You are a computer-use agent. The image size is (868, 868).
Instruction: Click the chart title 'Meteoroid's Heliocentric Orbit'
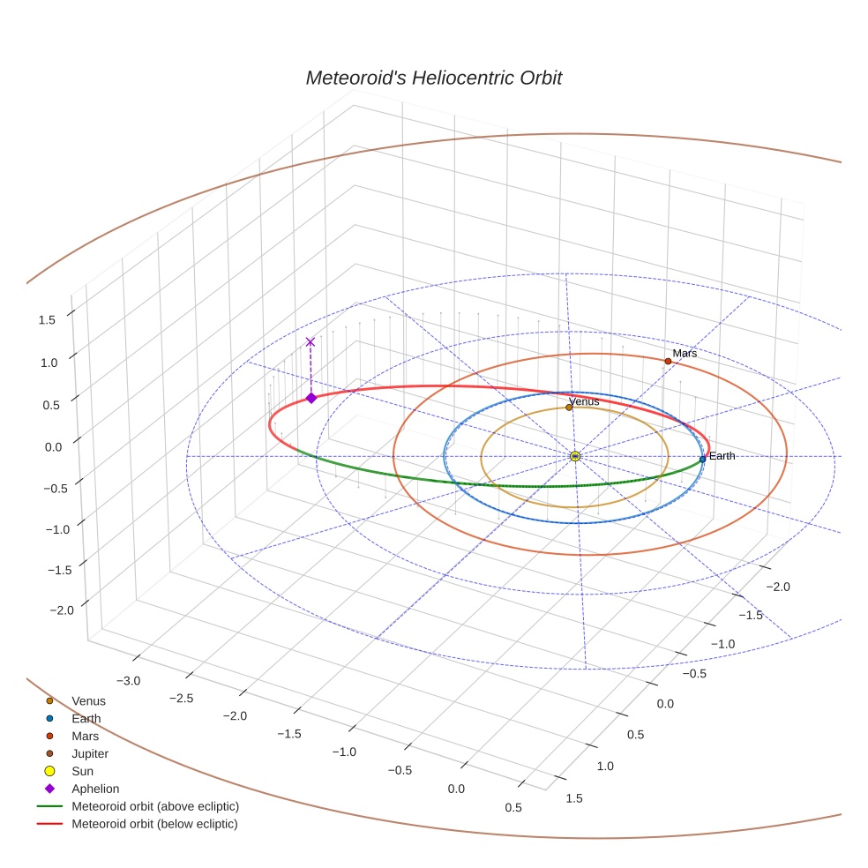coord(433,78)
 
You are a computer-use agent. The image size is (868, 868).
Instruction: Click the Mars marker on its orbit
coord(668,361)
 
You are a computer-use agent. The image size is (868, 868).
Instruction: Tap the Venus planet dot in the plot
coord(569,408)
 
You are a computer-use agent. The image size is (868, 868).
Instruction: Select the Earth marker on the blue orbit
coord(702,459)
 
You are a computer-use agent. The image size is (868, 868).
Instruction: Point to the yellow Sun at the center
coord(575,456)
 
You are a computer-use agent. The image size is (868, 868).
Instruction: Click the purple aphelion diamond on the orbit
coord(311,398)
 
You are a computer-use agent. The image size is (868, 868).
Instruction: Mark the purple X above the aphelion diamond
coord(310,341)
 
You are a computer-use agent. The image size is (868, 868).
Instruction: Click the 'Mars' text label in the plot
coord(685,353)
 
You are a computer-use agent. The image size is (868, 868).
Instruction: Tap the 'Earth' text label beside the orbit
coord(722,456)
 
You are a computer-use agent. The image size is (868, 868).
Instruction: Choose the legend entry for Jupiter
coord(90,753)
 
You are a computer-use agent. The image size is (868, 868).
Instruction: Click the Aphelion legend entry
coord(95,789)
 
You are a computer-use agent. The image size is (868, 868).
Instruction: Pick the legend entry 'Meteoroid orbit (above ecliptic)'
coord(155,806)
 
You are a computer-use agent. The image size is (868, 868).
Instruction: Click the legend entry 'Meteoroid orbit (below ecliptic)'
coord(154,824)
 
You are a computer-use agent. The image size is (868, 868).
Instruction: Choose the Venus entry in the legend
coord(88,700)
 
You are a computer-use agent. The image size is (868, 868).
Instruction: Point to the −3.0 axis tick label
coord(128,680)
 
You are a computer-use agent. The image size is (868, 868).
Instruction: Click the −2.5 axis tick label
coord(182,698)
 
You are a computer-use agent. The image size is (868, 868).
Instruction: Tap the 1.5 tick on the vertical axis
coord(48,320)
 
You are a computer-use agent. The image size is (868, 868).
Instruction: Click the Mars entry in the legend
coord(85,736)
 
